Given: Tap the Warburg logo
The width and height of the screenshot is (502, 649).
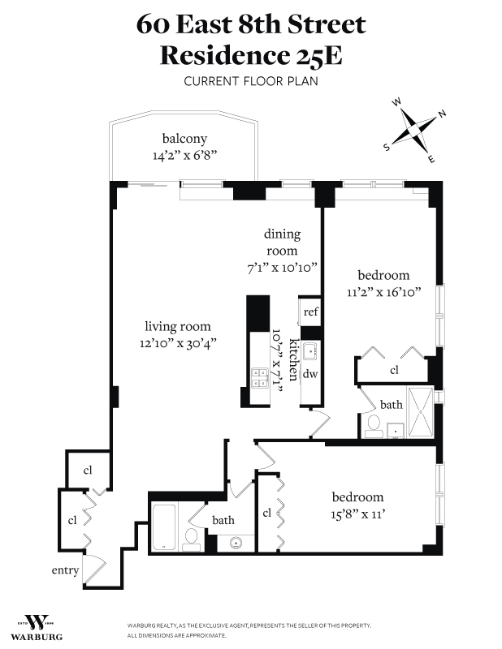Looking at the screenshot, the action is tap(36, 625).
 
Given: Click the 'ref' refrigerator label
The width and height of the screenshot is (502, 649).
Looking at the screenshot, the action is tap(311, 312).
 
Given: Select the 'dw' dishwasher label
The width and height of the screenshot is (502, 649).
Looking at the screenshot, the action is tap(309, 374).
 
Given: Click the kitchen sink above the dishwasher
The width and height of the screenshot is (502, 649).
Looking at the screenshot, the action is tap(309, 351).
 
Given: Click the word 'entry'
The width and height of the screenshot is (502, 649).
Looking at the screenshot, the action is tap(65, 570).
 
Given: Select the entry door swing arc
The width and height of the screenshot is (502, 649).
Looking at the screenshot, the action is tap(95, 565).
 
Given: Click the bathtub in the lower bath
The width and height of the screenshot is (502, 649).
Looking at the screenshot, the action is tap(164, 528).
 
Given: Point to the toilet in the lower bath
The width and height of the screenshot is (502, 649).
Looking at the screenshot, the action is tap(192, 536).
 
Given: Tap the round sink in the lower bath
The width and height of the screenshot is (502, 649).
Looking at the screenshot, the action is tap(236, 543).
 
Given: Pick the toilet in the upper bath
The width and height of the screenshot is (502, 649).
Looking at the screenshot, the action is tap(374, 425).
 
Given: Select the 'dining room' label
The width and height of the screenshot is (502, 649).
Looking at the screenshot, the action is tap(281, 243).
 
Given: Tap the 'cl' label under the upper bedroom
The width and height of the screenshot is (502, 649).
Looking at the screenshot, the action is tap(395, 370).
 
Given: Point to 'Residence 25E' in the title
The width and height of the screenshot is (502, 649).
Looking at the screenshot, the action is tap(251, 55).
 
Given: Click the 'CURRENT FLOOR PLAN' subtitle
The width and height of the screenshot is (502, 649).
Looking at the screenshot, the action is tap(251, 80).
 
